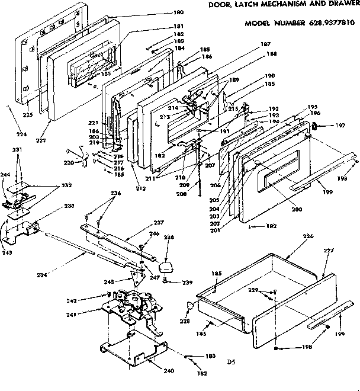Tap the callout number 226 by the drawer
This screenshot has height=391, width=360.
tap(291, 236)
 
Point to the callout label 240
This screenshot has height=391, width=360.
tap(169, 371)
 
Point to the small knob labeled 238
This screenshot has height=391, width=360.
tap(168, 261)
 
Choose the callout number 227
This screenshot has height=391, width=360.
tap(329, 251)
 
